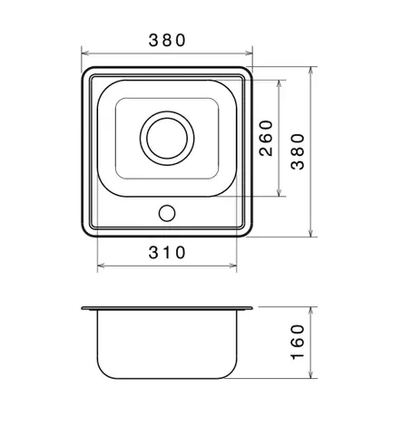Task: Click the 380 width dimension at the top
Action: pos(167,40)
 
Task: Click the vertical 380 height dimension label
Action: pos(298,151)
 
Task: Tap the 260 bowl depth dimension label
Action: pos(266,138)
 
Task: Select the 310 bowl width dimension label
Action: pos(167,253)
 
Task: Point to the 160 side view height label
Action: pos(298,342)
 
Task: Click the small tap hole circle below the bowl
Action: pos(167,213)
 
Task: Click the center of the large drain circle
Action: pos(167,138)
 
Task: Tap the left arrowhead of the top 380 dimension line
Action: pos(85,53)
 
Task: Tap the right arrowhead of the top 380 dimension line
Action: pos(249,53)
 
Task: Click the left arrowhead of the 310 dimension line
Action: pos(101,266)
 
